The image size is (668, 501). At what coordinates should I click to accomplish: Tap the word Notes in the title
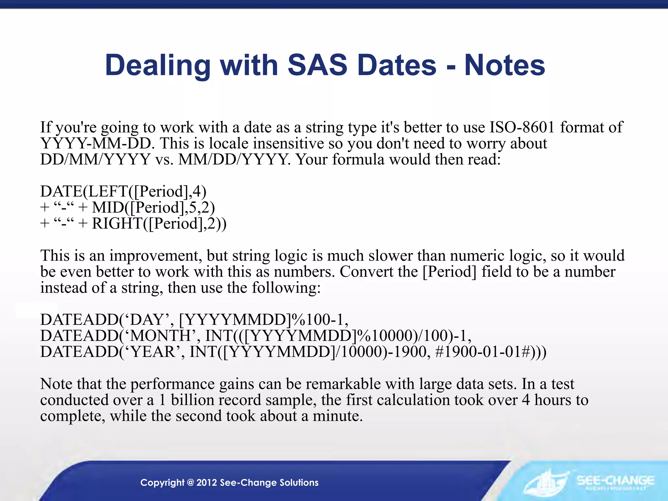[x=504, y=65]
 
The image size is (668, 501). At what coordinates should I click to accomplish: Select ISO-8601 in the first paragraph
[x=522, y=127]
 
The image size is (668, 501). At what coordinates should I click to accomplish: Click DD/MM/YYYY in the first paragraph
[x=95, y=159]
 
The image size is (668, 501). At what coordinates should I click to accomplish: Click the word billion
[x=192, y=400]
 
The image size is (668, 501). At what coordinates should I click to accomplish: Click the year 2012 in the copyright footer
[x=206, y=482]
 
